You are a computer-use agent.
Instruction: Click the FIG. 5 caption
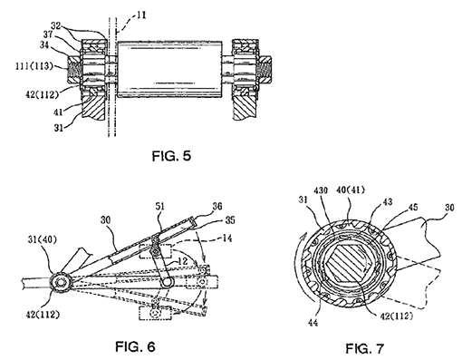pos(171,156)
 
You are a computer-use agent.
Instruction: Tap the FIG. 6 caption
pos(135,346)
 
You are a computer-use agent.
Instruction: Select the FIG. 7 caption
pos(364,348)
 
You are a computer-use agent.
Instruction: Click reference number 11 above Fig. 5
pos(140,15)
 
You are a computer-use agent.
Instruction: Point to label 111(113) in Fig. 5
pos(34,66)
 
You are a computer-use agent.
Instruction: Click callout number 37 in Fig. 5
pos(47,35)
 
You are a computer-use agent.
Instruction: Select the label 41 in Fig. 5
pos(58,112)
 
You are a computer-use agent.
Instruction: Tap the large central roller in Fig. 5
pos(169,69)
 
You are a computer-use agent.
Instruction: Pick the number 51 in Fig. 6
pos(159,207)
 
